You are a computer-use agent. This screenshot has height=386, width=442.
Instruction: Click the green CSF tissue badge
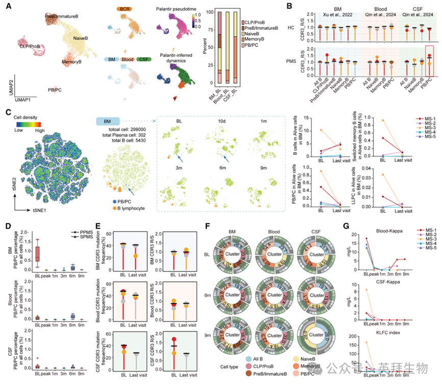[x=148, y=60]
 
